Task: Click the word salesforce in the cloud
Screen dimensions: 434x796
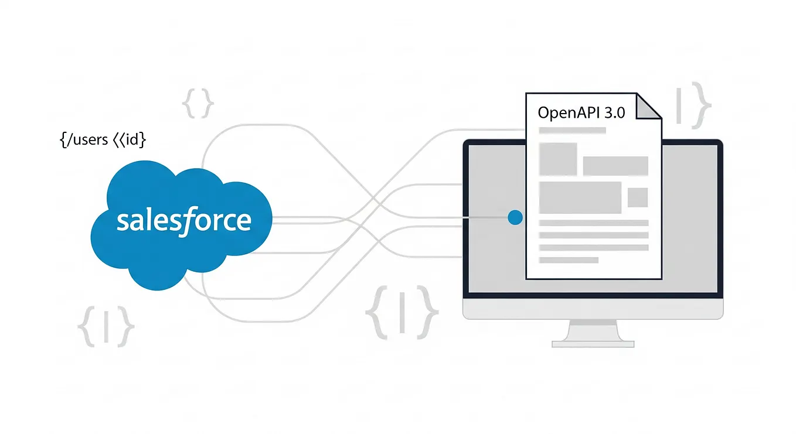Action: pyautogui.click(x=183, y=221)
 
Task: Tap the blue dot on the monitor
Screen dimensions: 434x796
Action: pyautogui.click(x=515, y=218)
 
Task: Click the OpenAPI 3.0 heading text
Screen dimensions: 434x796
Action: pyautogui.click(x=581, y=112)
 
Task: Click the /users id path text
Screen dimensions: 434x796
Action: pyautogui.click(x=103, y=140)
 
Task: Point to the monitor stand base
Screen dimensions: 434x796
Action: pyautogui.click(x=593, y=343)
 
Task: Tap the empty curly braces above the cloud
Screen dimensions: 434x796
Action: pyautogui.click(x=198, y=104)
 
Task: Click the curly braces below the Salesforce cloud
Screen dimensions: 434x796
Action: pyautogui.click(x=106, y=326)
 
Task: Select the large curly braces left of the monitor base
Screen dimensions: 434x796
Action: pyautogui.click(x=402, y=312)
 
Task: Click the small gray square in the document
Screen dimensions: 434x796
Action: pyautogui.click(x=637, y=197)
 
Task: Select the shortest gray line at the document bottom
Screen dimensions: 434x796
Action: pyautogui.click(x=568, y=259)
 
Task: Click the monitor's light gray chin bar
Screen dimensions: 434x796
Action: pyautogui.click(x=593, y=308)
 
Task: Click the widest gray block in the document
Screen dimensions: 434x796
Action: pyautogui.click(x=580, y=197)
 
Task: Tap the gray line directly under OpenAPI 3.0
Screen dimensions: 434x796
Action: pyautogui.click(x=572, y=131)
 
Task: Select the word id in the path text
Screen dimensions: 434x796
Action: pyautogui.click(x=132, y=140)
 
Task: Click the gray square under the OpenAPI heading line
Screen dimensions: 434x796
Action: pyautogui.click(x=557, y=158)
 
